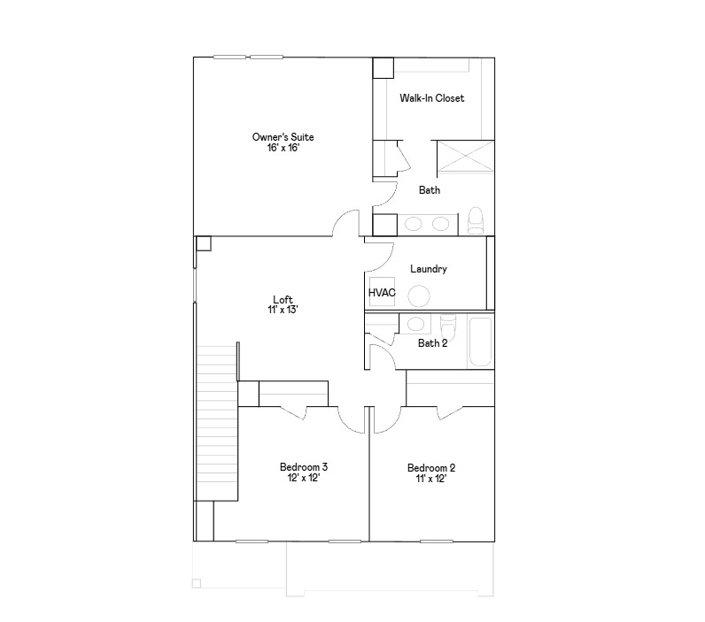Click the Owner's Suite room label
[283, 137]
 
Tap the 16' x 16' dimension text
[283, 149]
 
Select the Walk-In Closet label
[431, 98]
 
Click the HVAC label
[382, 292]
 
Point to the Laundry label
[429, 269]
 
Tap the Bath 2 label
[432, 343]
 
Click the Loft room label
[283, 299]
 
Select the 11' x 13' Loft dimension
[283, 311]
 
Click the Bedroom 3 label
[304, 467]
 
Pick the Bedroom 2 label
[431, 468]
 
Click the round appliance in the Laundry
[420, 296]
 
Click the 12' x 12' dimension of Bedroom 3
[304, 479]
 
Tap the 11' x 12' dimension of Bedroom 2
[431, 480]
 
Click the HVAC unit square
[382, 295]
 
